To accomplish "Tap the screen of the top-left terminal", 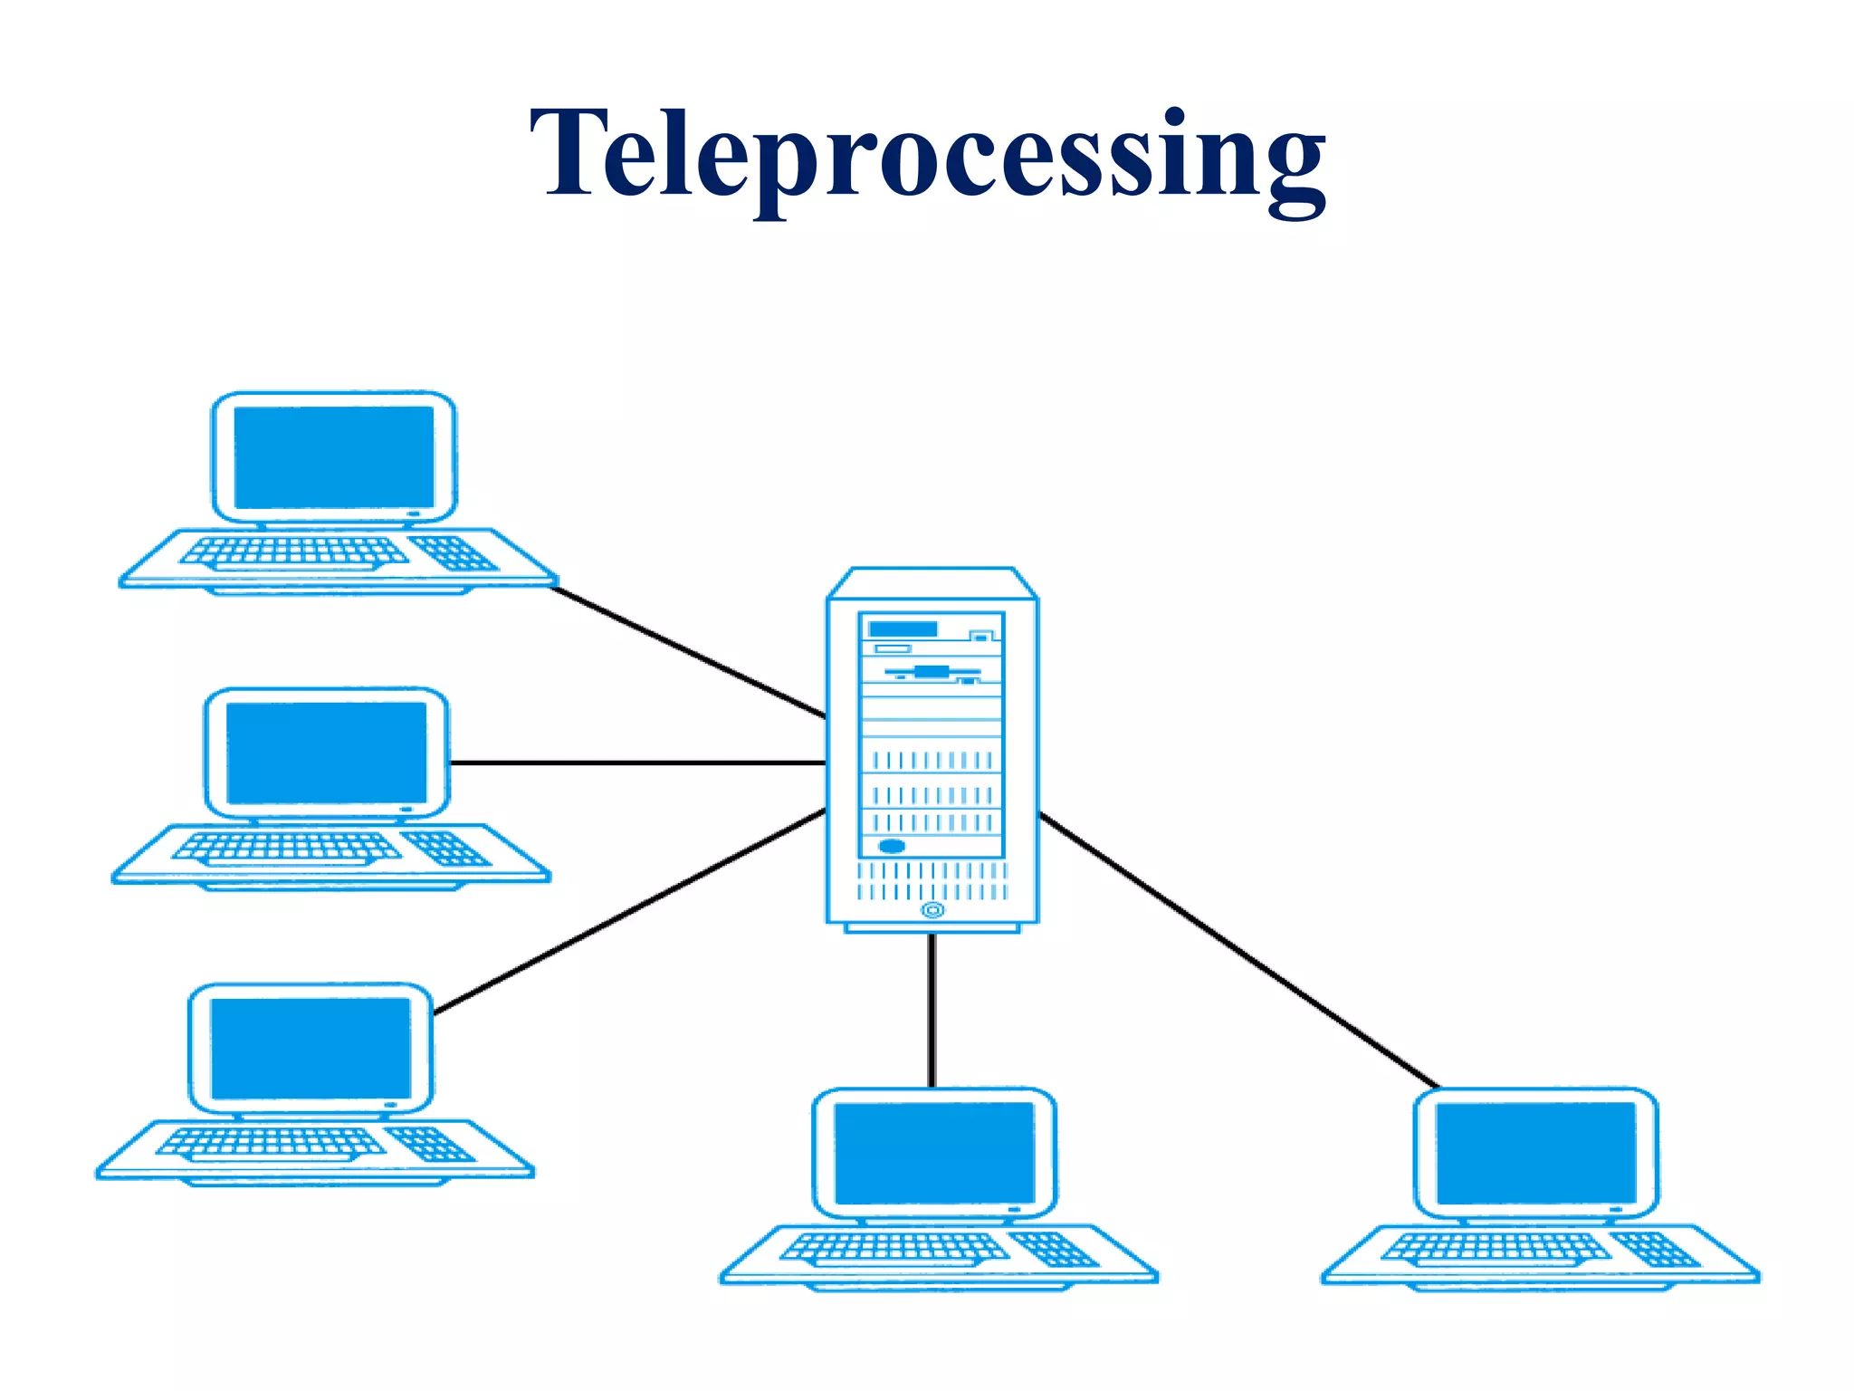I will pyautogui.click(x=334, y=456).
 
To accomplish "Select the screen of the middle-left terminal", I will pyautogui.click(x=326, y=753).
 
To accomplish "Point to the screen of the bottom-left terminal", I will pyautogui.click(x=311, y=1048).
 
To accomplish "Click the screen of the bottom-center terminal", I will pyautogui.click(x=934, y=1153).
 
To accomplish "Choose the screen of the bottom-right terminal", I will pyautogui.click(x=1536, y=1153).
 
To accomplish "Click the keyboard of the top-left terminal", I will pyautogui.click(x=294, y=552).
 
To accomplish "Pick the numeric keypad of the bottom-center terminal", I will pyautogui.click(x=1054, y=1249).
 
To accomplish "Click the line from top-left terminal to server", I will pyautogui.click(x=688, y=652).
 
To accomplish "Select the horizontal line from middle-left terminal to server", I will pyautogui.click(x=638, y=763).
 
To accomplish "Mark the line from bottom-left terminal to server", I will pyautogui.click(x=629, y=911).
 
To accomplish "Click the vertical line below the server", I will pyautogui.click(x=932, y=1010).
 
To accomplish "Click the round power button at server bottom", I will pyautogui.click(x=932, y=909).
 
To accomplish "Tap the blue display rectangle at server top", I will pyautogui.click(x=903, y=628).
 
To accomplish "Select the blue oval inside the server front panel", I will pyautogui.click(x=892, y=846).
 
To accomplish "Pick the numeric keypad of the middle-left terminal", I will pyautogui.click(x=446, y=848).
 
